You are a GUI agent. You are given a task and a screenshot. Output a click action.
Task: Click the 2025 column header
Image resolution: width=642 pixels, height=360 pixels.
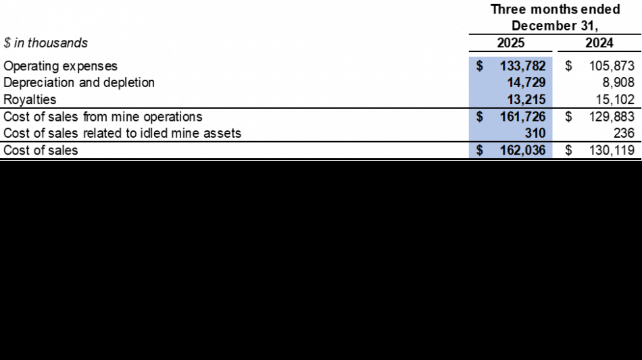click(x=511, y=43)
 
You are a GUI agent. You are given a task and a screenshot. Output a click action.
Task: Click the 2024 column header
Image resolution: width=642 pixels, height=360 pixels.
click(x=599, y=43)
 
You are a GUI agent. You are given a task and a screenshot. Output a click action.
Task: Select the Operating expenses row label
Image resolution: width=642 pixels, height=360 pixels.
click(x=60, y=66)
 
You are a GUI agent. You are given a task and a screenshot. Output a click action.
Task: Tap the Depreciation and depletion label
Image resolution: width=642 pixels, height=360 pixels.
click(x=79, y=82)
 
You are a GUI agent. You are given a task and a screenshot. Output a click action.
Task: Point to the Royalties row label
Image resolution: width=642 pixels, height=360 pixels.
click(x=30, y=100)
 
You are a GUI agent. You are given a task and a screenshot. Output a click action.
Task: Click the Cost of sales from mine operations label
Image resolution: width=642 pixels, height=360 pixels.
click(x=103, y=117)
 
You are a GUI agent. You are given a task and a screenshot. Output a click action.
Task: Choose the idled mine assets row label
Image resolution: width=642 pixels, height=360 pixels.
click(x=122, y=133)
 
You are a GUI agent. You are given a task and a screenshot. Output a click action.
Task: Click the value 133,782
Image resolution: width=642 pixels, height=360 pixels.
click(x=523, y=66)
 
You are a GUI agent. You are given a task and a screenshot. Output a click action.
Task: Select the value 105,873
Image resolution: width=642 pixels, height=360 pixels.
click(x=612, y=66)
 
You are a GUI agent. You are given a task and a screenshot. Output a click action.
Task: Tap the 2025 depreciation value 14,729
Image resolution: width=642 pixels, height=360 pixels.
click(x=526, y=82)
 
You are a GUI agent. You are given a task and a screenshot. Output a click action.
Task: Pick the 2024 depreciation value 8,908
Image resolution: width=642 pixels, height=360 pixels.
click(x=618, y=82)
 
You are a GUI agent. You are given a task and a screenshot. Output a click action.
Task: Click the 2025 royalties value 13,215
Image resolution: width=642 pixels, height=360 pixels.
click(x=526, y=100)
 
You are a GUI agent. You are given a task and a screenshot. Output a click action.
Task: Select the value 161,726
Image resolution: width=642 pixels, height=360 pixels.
click(x=523, y=117)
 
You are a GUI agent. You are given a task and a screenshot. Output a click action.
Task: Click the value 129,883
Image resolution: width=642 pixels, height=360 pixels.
click(x=612, y=117)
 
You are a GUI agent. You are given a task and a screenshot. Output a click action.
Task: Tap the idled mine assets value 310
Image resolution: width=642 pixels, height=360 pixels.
click(x=535, y=133)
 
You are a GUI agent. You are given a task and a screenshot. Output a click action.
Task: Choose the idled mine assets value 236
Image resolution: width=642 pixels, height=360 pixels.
click(x=624, y=133)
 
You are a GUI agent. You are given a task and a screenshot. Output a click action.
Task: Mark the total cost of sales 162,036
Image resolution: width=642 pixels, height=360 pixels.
click(x=523, y=151)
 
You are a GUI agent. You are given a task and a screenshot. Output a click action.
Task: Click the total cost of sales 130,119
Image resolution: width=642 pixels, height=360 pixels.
click(x=612, y=151)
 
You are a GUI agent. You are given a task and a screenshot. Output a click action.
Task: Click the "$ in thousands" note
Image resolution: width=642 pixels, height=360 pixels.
click(x=45, y=43)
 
